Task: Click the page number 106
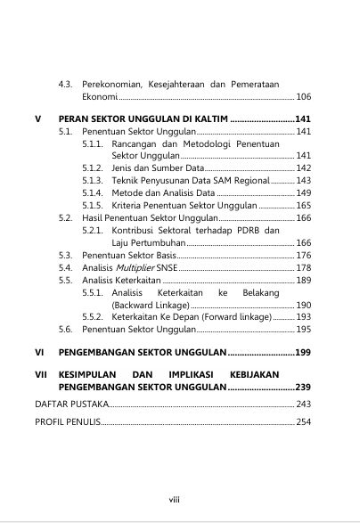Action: click(303, 96)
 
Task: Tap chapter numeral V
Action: click(37, 118)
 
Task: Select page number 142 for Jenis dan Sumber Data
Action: click(303, 168)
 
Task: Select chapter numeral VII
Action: click(40, 376)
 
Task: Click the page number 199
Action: click(302, 352)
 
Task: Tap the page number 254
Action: click(303, 421)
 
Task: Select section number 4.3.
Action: click(65, 84)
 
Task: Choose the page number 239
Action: click(302, 388)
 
